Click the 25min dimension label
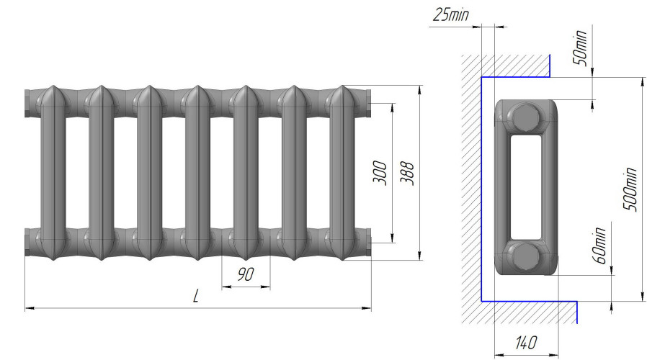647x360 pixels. pos(451,15)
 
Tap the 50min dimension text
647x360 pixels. pos(580,48)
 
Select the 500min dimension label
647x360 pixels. pos(629,189)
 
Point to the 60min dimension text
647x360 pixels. pos(599,245)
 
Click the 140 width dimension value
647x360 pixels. pos(526,342)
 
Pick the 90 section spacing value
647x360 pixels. pos(246,274)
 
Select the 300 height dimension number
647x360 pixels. pos(380,173)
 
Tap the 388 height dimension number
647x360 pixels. pos(407,174)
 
